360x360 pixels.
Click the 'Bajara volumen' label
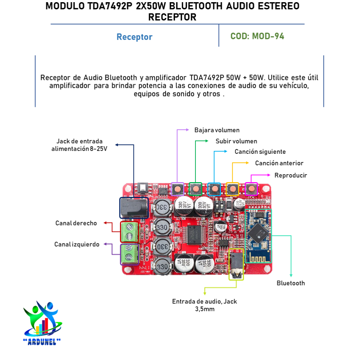pyautogui.click(x=217, y=130)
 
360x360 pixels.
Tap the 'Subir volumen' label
pyautogui.click(x=236, y=141)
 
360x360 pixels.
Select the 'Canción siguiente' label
pyautogui.click(x=260, y=152)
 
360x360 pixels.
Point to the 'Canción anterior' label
pyautogui.click(x=279, y=163)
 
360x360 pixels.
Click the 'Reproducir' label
pyautogui.click(x=291, y=175)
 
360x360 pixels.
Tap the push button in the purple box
pyautogui.click(x=177, y=189)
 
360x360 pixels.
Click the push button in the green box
pyautogui.click(x=195, y=189)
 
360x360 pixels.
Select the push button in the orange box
pyautogui.click(x=233, y=189)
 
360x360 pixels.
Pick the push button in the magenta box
pyautogui.click(x=251, y=189)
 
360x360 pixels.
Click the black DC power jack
pyautogui.click(x=134, y=207)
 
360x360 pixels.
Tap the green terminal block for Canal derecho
pyautogui.click(x=129, y=231)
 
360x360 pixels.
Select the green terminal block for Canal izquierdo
pyautogui.click(x=129, y=254)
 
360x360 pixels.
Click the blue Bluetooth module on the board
pyautogui.click(x=258, y=235)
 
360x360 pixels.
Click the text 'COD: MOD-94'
pyautogui.click(x=257, y=36)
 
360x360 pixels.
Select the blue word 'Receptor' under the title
pyautogui.click(x=134, y=37)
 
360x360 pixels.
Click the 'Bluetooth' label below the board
pyautogui.click(x=291, y=283)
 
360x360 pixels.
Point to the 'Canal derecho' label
pyautogui.click(x=76, y=223)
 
